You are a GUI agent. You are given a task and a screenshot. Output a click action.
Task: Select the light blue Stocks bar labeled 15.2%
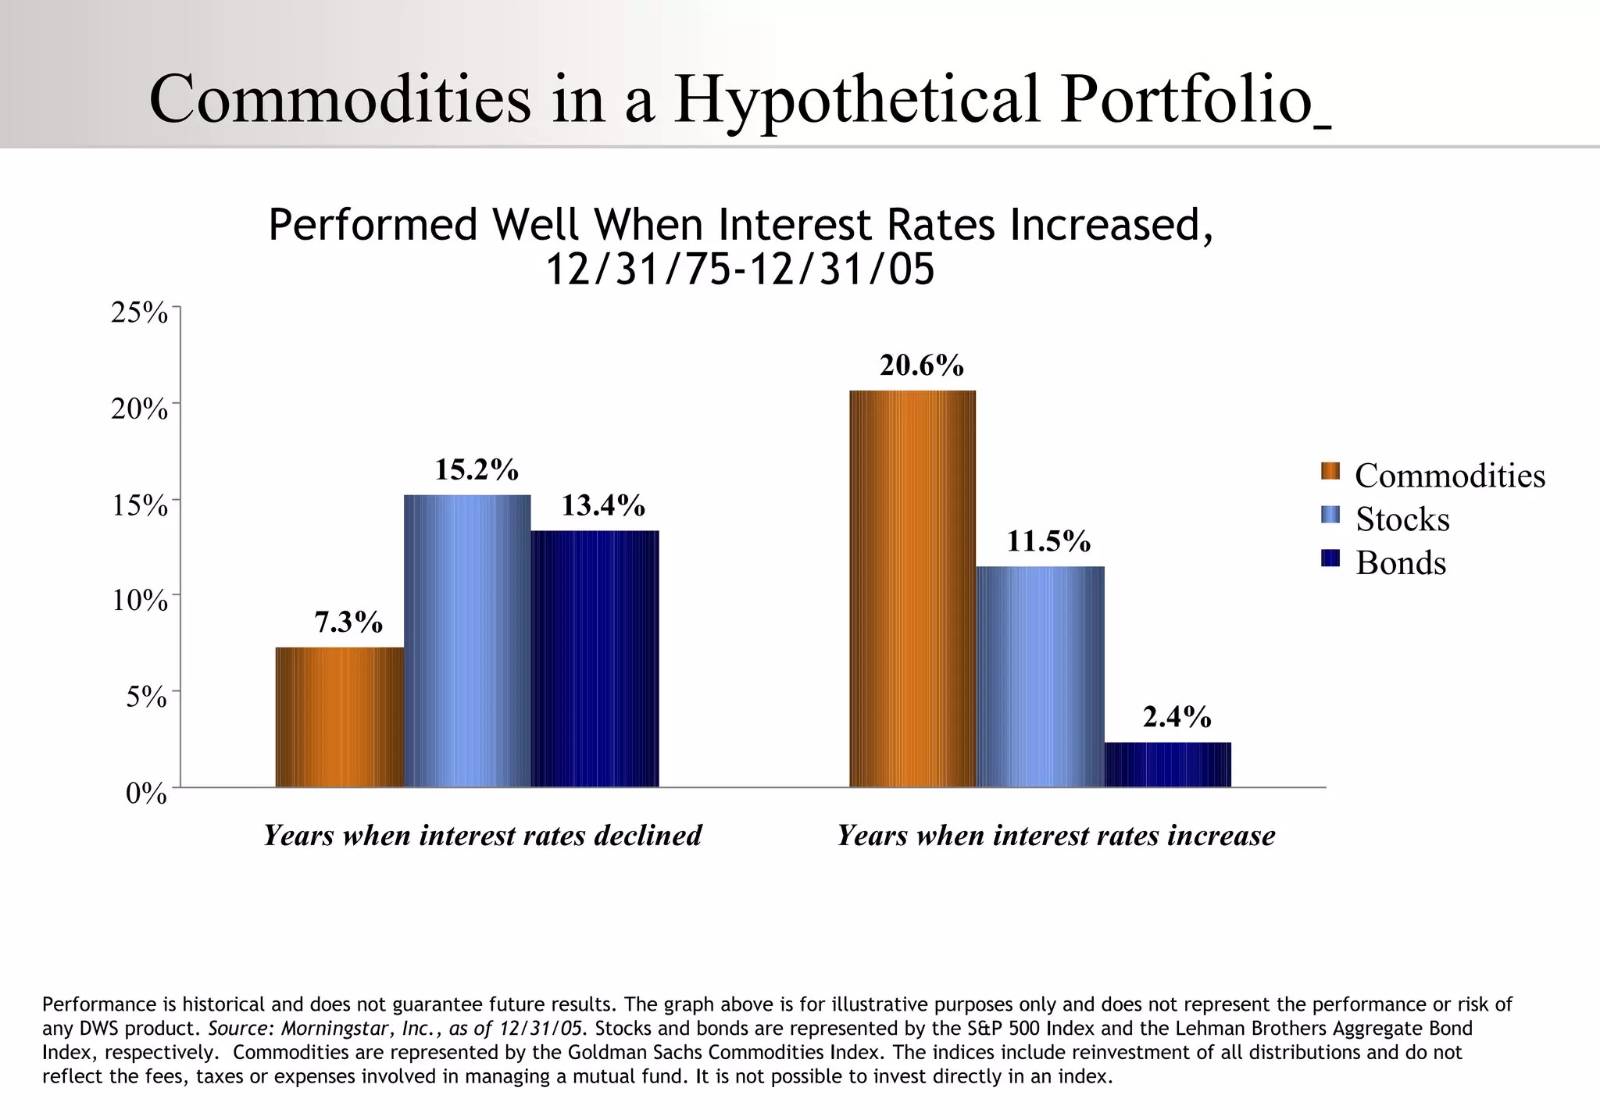(467, 640)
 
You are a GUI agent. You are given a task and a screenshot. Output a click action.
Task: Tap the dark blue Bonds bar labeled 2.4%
(1168, 765)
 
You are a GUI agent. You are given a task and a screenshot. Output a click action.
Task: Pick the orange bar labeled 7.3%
(340, 716)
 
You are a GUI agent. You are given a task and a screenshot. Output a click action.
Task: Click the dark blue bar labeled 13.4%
(595, 658)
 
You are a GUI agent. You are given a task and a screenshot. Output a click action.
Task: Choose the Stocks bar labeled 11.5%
(1041, 676)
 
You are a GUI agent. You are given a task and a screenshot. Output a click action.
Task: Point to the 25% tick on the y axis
(140, 313)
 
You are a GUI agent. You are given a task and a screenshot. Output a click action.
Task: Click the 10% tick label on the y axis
(140, 601)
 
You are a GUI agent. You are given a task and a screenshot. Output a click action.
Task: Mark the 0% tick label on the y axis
(146, 794)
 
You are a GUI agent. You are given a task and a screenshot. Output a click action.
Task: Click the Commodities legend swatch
(1330, 471)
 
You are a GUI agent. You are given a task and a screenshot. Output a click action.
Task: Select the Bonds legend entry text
(1401, 563)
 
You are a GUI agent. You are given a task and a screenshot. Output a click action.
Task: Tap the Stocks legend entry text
(1402, 519)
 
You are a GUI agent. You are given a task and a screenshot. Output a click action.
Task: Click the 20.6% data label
(922, 366)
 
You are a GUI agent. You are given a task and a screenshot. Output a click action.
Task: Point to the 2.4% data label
(1177, 717)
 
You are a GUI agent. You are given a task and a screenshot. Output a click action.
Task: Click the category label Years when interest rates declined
(483, 836)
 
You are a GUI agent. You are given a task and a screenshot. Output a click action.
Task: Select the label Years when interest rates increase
(1056, 836)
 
